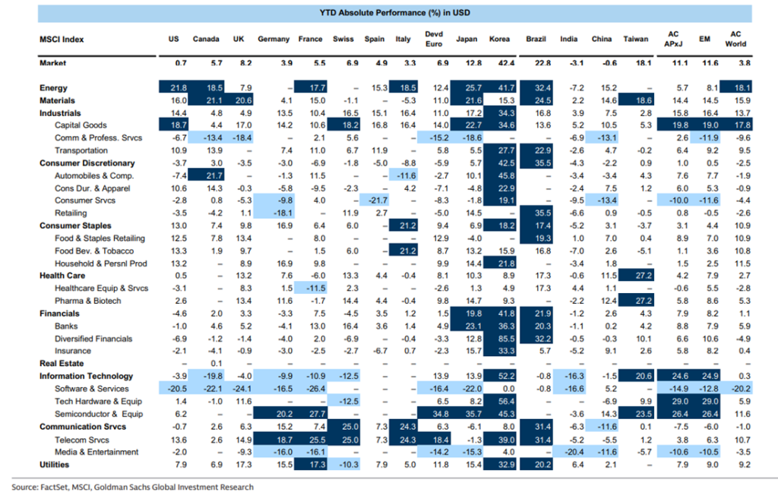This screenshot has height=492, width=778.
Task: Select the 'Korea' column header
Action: (x=499, y=39)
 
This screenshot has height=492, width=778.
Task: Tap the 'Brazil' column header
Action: (x=536, y=39)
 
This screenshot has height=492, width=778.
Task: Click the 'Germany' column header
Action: (x=274, y=39)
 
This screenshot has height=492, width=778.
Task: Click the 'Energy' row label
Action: (x=53, y=88)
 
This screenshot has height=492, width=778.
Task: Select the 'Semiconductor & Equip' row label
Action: (x=100, y=414)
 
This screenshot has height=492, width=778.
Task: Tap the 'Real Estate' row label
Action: (x=61, y=364)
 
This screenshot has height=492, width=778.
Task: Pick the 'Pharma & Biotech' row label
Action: (x=87, y=301)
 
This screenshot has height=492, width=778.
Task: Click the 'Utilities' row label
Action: (x=55, y=464)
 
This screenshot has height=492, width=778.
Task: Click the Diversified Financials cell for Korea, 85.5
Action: (x=501, y=339)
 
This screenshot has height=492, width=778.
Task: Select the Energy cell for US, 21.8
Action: (x=177, y=88)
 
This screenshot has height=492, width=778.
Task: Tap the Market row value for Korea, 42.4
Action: (x=501, y=64)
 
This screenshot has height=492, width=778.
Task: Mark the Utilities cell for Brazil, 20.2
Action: (x=538, y=464)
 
